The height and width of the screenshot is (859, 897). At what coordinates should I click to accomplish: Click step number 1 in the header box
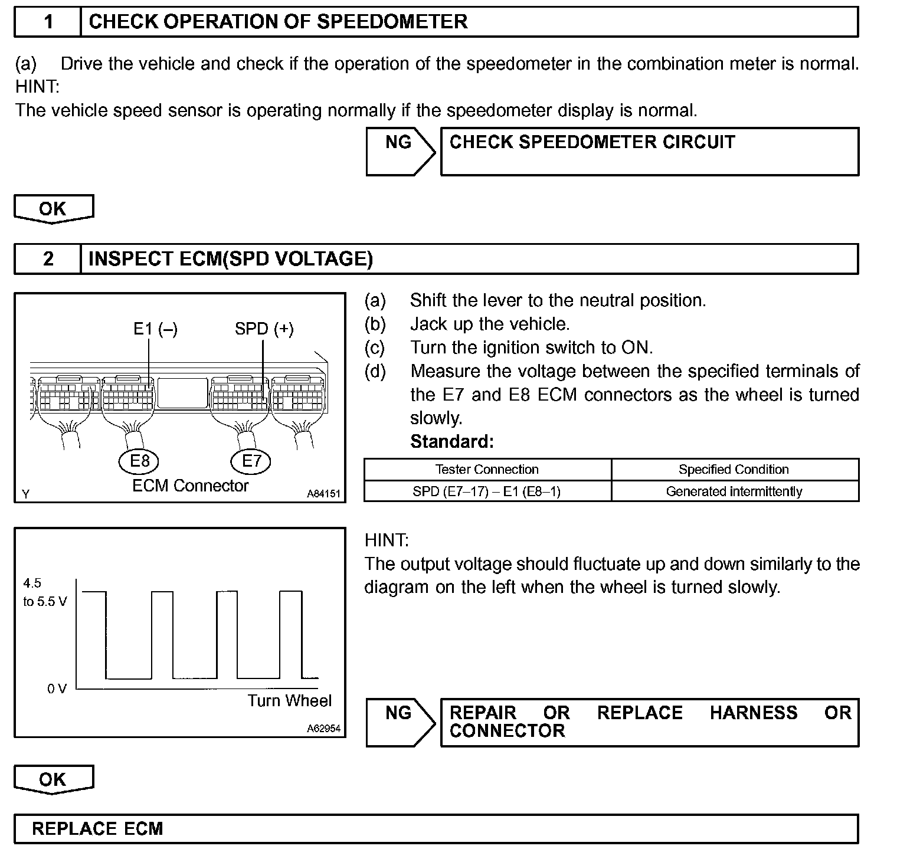[x=48, y=22]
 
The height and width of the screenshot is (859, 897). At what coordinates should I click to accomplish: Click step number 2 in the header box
[x=48, y=259]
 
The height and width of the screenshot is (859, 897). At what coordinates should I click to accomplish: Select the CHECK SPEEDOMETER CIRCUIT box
[x=649, y=152]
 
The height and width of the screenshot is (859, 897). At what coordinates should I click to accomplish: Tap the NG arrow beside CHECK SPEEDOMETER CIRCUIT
[x=400, y=152]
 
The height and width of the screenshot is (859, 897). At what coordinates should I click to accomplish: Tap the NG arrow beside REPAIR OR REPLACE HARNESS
[x=400, y=722]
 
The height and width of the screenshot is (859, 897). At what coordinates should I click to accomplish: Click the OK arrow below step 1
[x=53, y=209]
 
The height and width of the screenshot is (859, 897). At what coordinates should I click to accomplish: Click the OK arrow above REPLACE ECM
[x=53, y=779]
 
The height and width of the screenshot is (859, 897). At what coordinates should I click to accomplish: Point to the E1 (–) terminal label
[x=155, y=329]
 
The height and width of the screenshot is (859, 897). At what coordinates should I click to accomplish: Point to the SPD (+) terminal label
[x=264, y=329]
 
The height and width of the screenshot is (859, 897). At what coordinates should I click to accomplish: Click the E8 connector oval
[x=139, y=461]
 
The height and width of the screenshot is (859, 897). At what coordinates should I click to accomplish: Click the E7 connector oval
[x=251, y=461]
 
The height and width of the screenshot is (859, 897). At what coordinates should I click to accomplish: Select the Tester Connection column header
[x=487, y=470]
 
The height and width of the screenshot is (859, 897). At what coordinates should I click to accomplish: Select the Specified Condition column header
[x=734, y=470]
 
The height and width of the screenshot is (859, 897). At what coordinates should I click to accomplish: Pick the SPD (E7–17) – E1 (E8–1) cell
[x=487, y=491]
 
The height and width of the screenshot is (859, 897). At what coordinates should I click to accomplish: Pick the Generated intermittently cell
[x=734, y=491]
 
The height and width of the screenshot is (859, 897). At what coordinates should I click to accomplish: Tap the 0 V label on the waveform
[x=57, y=688]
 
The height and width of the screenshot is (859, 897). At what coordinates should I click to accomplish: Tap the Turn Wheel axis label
[x=289, y=701]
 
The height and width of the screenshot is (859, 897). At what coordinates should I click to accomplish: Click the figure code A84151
[x=323, y=494]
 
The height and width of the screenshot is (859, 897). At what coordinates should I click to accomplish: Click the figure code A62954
[x=323, y=729]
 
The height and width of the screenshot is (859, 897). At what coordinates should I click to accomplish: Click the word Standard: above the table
[x=451, y=441]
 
